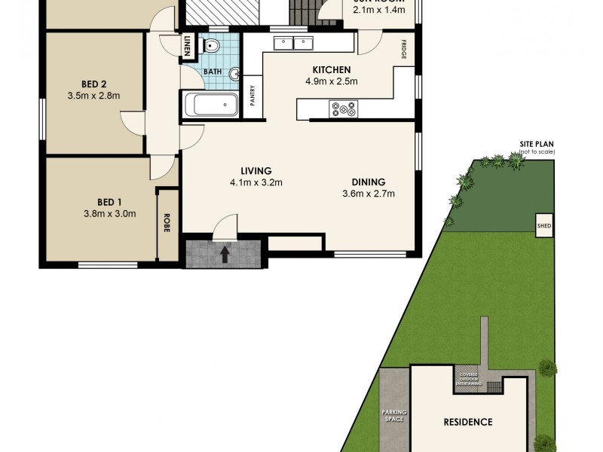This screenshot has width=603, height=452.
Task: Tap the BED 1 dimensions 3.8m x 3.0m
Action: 109,213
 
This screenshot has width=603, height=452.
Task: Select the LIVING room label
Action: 256,170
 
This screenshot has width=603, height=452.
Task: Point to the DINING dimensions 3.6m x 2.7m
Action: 368,194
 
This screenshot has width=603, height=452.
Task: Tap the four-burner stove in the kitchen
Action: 344,110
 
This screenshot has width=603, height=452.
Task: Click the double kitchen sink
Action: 293,43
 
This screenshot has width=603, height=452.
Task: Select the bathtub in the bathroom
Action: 211,105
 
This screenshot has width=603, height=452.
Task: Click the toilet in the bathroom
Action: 211,47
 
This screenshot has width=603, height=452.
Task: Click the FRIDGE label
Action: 404,50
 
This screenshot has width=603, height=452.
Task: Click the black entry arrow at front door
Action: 224,255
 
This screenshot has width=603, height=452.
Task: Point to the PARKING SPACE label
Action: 393,415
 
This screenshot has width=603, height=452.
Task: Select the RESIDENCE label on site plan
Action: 467,422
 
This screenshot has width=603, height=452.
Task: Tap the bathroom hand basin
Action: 234,74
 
